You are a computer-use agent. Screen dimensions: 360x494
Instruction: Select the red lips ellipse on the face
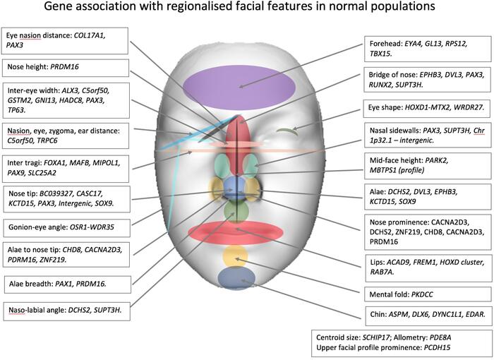point(236,232)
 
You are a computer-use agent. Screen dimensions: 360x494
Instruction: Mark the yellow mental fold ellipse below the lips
point(235,256)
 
